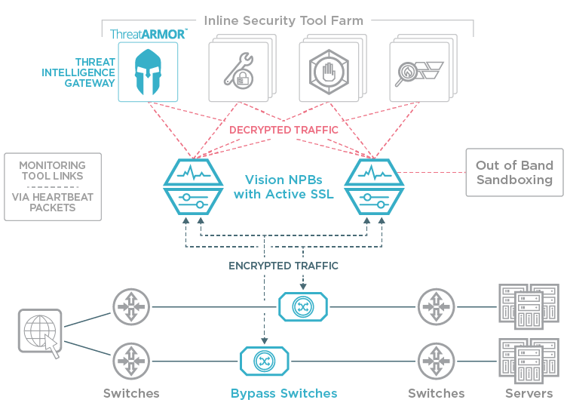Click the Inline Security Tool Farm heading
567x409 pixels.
(283, 20)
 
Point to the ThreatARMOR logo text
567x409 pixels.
(148, 34)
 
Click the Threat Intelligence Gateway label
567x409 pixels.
(96, 72)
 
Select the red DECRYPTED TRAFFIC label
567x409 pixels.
(283, 130)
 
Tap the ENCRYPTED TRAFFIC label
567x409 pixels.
(283, 266)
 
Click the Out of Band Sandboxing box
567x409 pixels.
(514, 173)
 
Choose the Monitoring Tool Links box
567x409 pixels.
(52, 186)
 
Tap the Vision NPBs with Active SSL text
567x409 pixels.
(283, 187)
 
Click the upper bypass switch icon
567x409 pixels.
(303, 306)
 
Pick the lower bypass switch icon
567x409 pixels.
(265, 360)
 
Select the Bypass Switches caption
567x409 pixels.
(283, 393)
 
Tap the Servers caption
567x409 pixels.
(529, 393)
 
